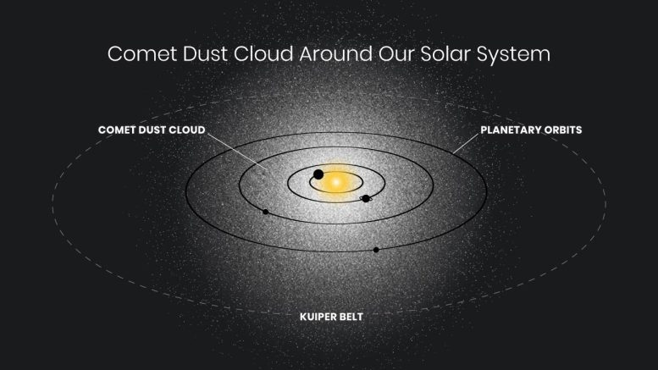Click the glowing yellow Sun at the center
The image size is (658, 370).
(x=335, y=181)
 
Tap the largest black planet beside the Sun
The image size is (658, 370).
(x=318, y=175)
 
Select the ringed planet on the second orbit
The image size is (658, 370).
(x=366, y=198)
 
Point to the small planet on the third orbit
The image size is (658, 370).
(x=266, y=212)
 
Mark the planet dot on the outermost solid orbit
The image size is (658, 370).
(x=376, y=250)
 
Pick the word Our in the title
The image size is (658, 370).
(x=391, y=54)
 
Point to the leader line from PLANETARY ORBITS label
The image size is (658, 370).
(x=464, y=143)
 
